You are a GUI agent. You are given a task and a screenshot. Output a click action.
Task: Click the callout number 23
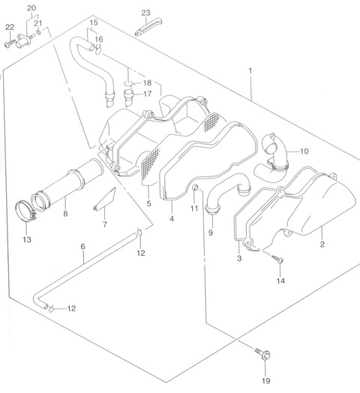click(x=145, y=13)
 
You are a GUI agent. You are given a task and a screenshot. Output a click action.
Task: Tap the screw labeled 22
click(x=10, y=43)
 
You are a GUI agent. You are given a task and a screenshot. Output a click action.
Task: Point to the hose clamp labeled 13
click(x=25, y=211)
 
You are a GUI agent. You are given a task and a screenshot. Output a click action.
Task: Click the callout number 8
click(x=65, y=214)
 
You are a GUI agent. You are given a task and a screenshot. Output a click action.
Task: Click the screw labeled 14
click(x=277, y=259)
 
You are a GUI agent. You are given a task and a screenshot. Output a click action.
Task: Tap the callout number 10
click(x=304, y=151)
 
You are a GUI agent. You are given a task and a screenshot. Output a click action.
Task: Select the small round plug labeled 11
click(x=196, y=187)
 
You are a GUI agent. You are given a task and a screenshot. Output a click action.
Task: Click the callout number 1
click(x=250, y=70)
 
